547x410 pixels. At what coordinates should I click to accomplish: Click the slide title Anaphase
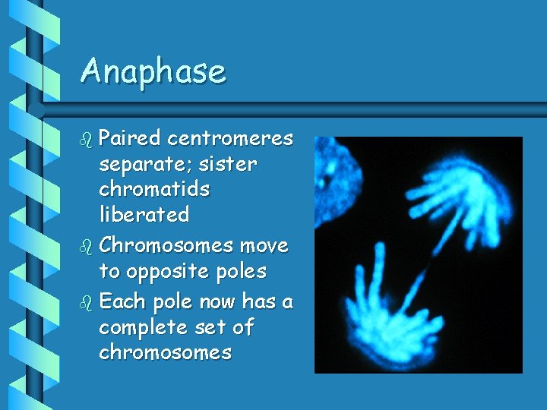[x=153, y=71]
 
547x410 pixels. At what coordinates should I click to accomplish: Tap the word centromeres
[x=230, y=138]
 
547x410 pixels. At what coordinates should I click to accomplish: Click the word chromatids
[x=155, y=189]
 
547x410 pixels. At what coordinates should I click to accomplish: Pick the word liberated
[x=144, y=215]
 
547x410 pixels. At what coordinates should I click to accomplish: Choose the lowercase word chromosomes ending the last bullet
[x=166, y=353]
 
